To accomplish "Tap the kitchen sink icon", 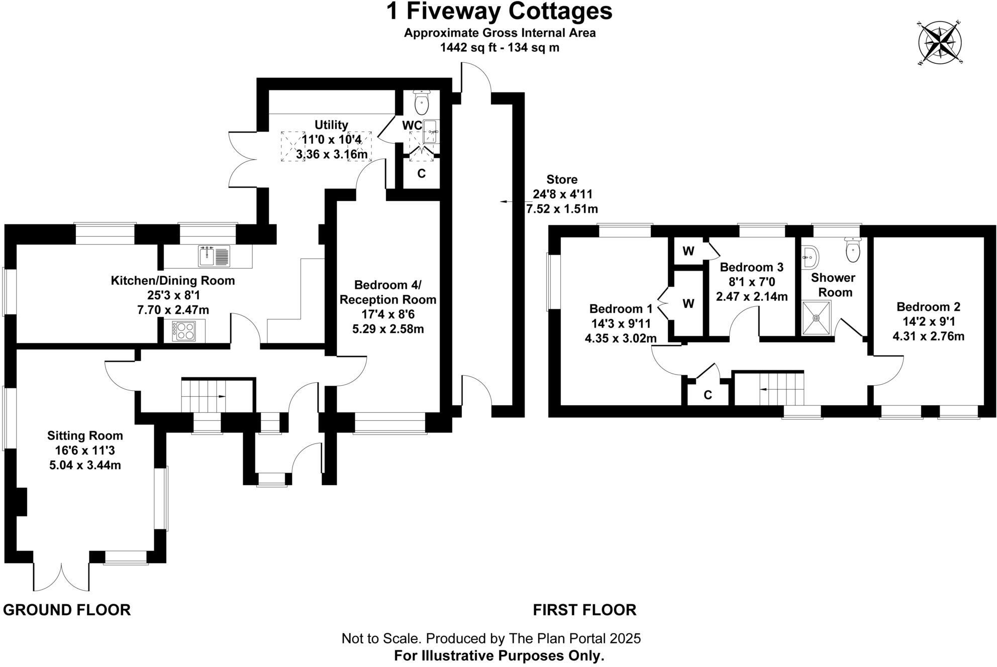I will tap(214, 256).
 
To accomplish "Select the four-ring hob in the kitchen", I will tap(184, 331).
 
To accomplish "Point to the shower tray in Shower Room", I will tap(816, 317).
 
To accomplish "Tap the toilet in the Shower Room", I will tap(853, 250).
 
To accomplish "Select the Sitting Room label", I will tap(85, 435).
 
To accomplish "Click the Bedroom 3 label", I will tap(751, 267).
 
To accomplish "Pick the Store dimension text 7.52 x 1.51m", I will tap(562, 208).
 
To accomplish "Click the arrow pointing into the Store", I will tap(506, 201).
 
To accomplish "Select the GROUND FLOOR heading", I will tap(67, 610).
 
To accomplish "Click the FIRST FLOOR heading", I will tap(584, 610).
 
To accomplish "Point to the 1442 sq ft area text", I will tap(500, 48).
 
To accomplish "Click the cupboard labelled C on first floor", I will tap(708, 395).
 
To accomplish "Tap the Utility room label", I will tap(331, 125).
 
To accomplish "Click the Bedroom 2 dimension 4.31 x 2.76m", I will tap(928, 336).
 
